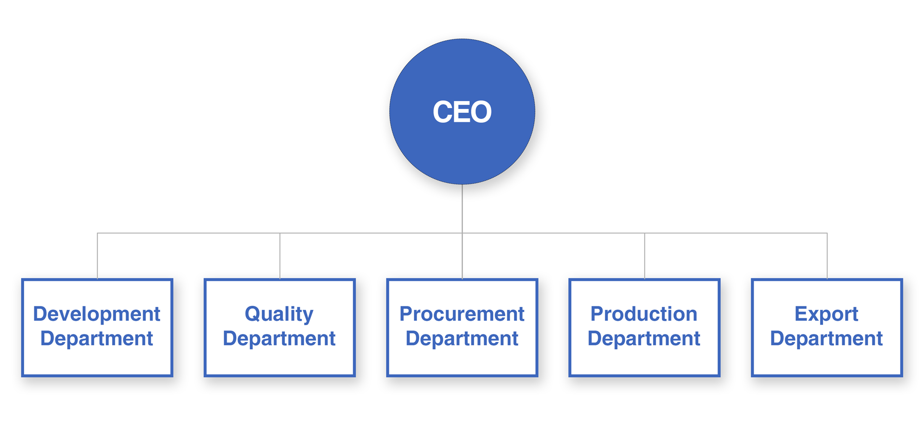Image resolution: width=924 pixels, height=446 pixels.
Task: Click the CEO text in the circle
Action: tap(462, 112)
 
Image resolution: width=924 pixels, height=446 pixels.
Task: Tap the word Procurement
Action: tap(462, 314)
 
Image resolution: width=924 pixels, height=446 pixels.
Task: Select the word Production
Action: tap(644, 314)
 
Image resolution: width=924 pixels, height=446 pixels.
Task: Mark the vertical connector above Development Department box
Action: tap(97, 256)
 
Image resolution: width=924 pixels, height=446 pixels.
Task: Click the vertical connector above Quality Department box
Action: tap(280, 256)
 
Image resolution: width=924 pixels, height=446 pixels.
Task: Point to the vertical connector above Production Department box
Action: tap(644, 256)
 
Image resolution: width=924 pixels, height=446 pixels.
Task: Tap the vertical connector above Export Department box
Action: tap(827, 256)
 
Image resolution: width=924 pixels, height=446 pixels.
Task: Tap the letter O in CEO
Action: tap(479, 112)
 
